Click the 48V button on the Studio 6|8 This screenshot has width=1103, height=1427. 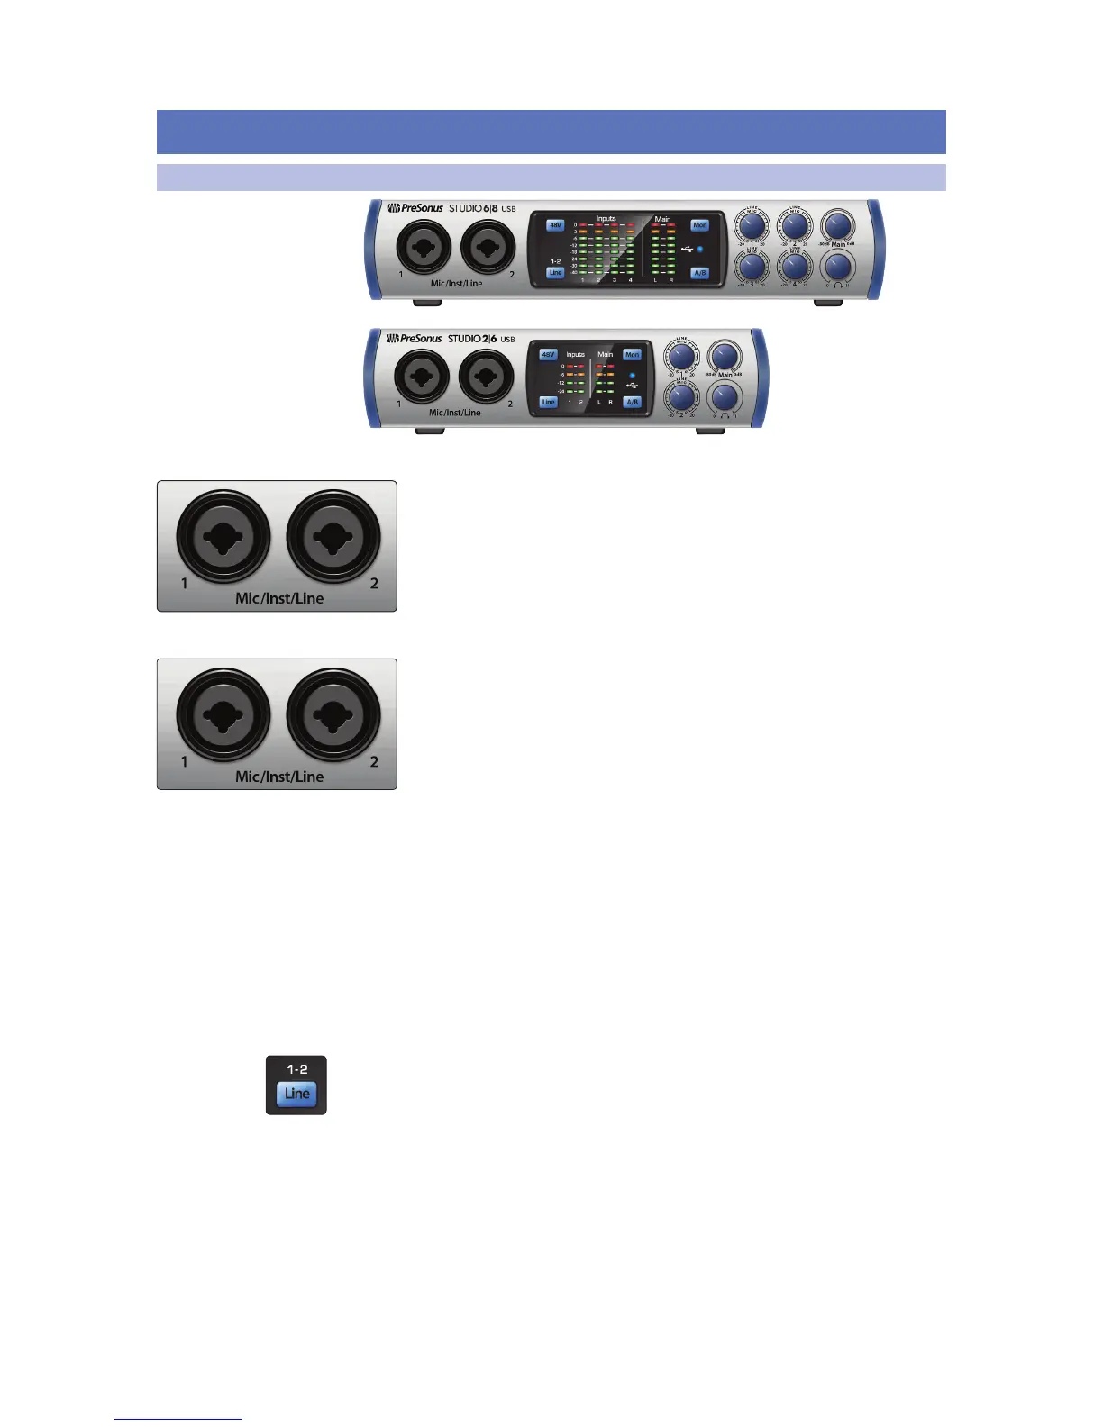(x=555, y=225)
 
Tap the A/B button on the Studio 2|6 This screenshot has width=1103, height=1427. (x=633, y=403)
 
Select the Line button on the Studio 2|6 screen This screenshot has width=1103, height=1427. (x=548, y=403)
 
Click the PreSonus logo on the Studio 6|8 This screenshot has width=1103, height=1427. (x=415, y=208)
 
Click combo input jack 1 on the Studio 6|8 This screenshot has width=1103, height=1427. (x=424, y=246)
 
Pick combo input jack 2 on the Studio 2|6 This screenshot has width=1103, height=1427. (x=486, y=377)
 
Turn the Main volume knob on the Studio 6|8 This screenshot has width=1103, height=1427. (x=838, y=225)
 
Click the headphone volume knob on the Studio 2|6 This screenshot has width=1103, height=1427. (x=724, y=395)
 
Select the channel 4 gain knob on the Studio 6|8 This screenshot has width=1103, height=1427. (x=795, y=267)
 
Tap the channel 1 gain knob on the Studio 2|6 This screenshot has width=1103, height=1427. (x=682, y=356)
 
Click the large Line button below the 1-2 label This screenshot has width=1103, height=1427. (x=296, y=1094)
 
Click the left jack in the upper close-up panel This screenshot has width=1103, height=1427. (x=223, y=538)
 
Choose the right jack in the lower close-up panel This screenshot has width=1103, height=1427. (x=333, y=716)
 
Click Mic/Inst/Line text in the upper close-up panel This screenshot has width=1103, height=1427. (x=279, y=598)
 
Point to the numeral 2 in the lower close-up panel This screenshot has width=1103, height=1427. (x=374, y=762)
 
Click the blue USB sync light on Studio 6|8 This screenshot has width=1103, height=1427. (x=700, y=249)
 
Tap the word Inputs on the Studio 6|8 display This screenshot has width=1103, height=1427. (x=606, y=218)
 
